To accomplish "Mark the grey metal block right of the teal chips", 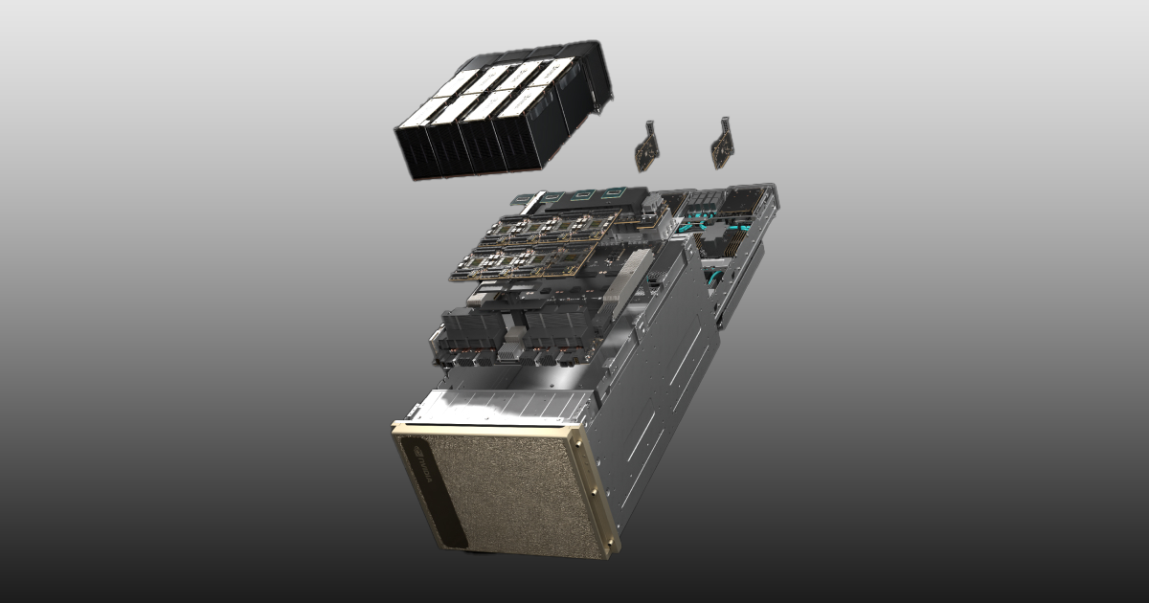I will tap(652, 205).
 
